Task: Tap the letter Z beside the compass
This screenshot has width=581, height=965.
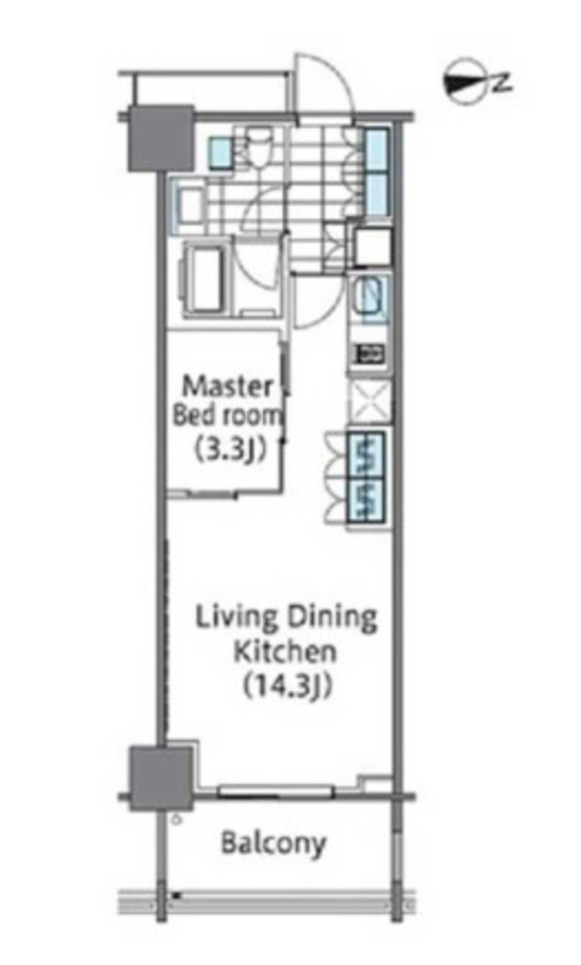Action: (x=502, y=83)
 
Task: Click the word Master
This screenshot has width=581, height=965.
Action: (x=228, y=386)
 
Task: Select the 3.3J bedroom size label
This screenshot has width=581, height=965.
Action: (x=231, y=450)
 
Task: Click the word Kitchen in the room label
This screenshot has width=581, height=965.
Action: (x=285, y=651)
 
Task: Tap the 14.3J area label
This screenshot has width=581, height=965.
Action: (x=288, y=686)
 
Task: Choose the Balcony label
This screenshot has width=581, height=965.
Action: (x=273, y=842)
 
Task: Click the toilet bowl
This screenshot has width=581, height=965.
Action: (x=257, y=145)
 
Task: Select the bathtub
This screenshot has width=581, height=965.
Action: (x=207, y=281)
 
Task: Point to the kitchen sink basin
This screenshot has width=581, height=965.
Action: (x=369, y=298)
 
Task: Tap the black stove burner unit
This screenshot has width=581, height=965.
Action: (x=369, y=353)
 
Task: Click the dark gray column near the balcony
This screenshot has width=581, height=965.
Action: (x=160, y=777)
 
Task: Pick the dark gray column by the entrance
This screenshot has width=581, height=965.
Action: (x=160, y=139)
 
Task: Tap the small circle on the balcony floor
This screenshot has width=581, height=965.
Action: (x=177, y=819)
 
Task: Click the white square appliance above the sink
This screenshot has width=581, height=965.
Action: (x=373, y=246)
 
